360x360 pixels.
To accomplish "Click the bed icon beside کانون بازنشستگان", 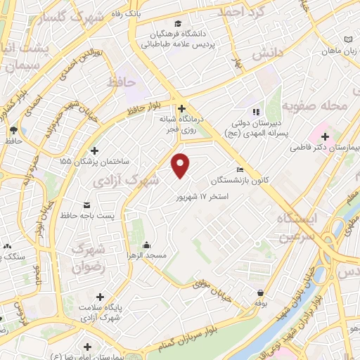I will click(x=240, y=169).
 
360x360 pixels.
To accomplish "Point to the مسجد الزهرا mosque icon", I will click(x=146, y=245).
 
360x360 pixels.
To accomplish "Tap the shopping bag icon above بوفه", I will click(x=261, y=292).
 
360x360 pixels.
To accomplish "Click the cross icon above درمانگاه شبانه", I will click(x=182, y=108).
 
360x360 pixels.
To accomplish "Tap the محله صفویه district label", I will click(x=314, y=105).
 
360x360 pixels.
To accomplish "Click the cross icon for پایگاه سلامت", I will click(x=100, y=297).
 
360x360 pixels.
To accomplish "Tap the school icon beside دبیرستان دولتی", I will click(x=256, y=111).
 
